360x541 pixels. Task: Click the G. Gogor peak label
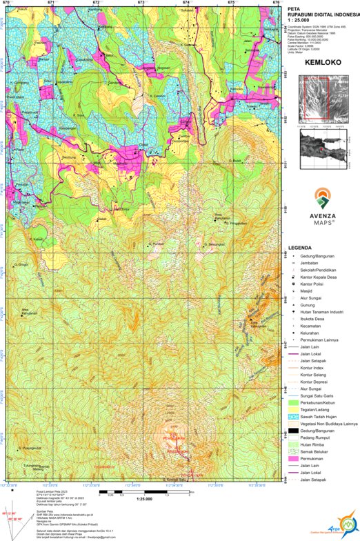(x=21, y=264)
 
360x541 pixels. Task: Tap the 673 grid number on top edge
(x=141, y=3)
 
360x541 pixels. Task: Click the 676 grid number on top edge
(x=276, y=3)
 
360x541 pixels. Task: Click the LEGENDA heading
(x=301, y=247)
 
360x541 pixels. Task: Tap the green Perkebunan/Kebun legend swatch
(x=294, y=402)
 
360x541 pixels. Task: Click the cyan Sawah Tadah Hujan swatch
(x=294, y=416)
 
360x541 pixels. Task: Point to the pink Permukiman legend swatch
(x=294, y=458)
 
